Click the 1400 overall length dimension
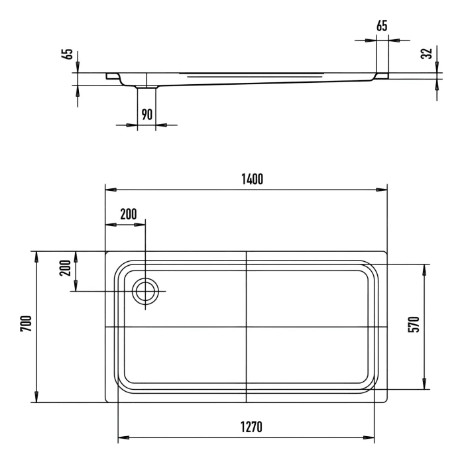(252, 178)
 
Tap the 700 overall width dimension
(25, 324)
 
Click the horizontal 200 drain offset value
(128, 213)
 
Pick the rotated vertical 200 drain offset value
(64, 268)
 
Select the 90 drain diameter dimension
(146, 114)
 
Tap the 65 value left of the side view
(66, 54)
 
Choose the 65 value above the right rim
(382, 26)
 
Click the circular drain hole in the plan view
(145, 291)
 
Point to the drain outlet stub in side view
(146, 86)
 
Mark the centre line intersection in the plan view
(246, 327)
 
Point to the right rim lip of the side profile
(382, 76)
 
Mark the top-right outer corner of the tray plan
(387, 252)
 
